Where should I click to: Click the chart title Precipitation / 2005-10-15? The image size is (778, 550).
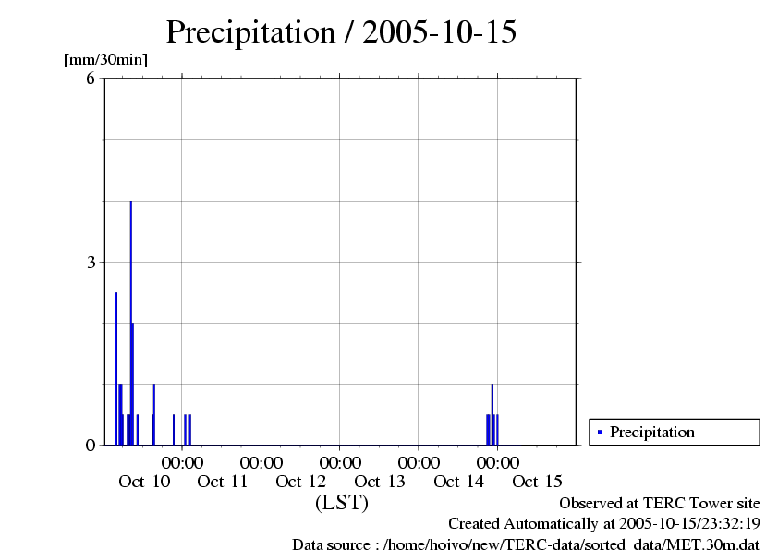click(x=341, y=31)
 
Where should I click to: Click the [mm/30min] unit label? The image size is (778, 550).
click(x=104, y=60)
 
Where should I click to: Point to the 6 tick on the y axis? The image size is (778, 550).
click(x=91, y=79)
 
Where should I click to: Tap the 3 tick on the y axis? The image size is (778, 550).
click(x=91, y=262)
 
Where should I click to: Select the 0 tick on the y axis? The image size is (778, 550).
click(x=91, y=445)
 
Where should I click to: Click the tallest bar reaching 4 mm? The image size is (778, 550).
click(x=130, y=324)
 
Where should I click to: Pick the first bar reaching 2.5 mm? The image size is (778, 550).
click(x=115, y=370)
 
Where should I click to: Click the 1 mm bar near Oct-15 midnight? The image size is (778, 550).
click(x=492, y=414)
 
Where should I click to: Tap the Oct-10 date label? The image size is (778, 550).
click(x=144, y=481)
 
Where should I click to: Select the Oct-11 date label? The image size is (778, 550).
click(x=223, y=481)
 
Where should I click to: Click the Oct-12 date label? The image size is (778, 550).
click(x=301, y=481)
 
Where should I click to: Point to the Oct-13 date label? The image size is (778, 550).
click(x=380, y=481)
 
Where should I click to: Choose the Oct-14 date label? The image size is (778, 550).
click(x=459, y=481)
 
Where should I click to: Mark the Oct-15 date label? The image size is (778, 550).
click(x=538, y=481)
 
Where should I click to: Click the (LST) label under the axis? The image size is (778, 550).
click(x=341, y=503)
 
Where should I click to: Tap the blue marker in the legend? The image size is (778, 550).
click(x=600, y=432)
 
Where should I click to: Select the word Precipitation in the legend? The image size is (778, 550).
click(x=652, y=432)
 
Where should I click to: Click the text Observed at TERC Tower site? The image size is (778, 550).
click(x=660, y=503)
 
